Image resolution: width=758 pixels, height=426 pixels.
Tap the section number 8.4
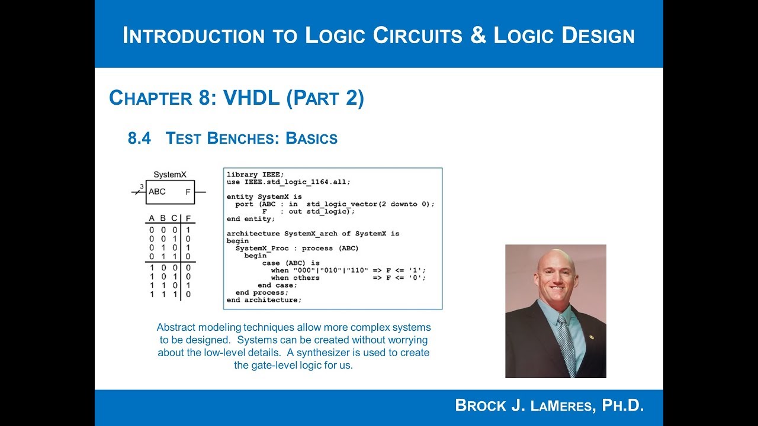tap(140, 138)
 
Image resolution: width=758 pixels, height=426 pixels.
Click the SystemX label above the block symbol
tap(170, 175)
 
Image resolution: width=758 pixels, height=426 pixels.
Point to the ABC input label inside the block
tap(157, 192)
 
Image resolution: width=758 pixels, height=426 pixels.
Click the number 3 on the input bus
tap(142, 187)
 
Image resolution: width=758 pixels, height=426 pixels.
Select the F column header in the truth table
tap(188, 218)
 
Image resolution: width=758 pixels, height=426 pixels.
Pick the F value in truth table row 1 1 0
tap(188, 285)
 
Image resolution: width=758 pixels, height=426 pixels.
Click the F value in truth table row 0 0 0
tap(188, 230)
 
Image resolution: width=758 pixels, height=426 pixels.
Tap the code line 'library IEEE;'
tap(255, 175)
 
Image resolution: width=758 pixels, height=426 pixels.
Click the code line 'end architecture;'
tap(264, 300)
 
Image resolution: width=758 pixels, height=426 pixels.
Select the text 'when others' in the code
tap(295, 277)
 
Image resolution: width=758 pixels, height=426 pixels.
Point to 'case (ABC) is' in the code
tap(291, 263)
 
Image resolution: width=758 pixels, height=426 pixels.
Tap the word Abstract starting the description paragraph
tap(175, 327)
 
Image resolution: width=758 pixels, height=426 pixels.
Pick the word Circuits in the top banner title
tap(413, 35)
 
